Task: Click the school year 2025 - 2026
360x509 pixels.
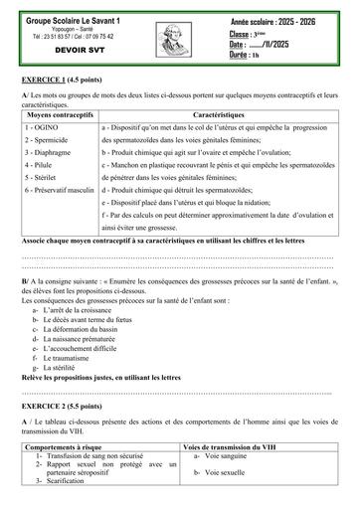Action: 298,19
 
